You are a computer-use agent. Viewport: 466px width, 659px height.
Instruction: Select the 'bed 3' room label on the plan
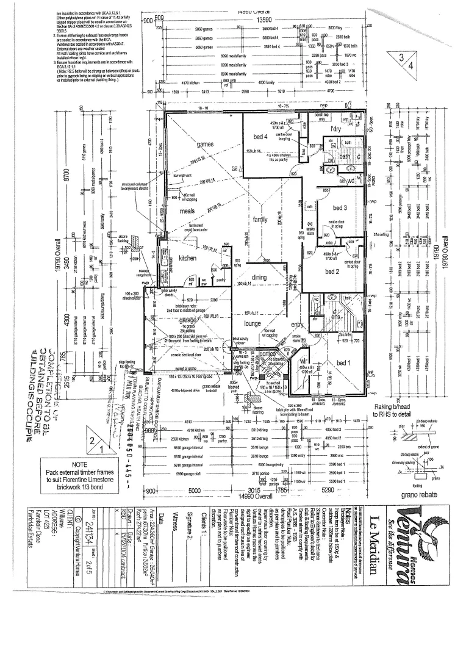pyautogui.click(x=337, y=207)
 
